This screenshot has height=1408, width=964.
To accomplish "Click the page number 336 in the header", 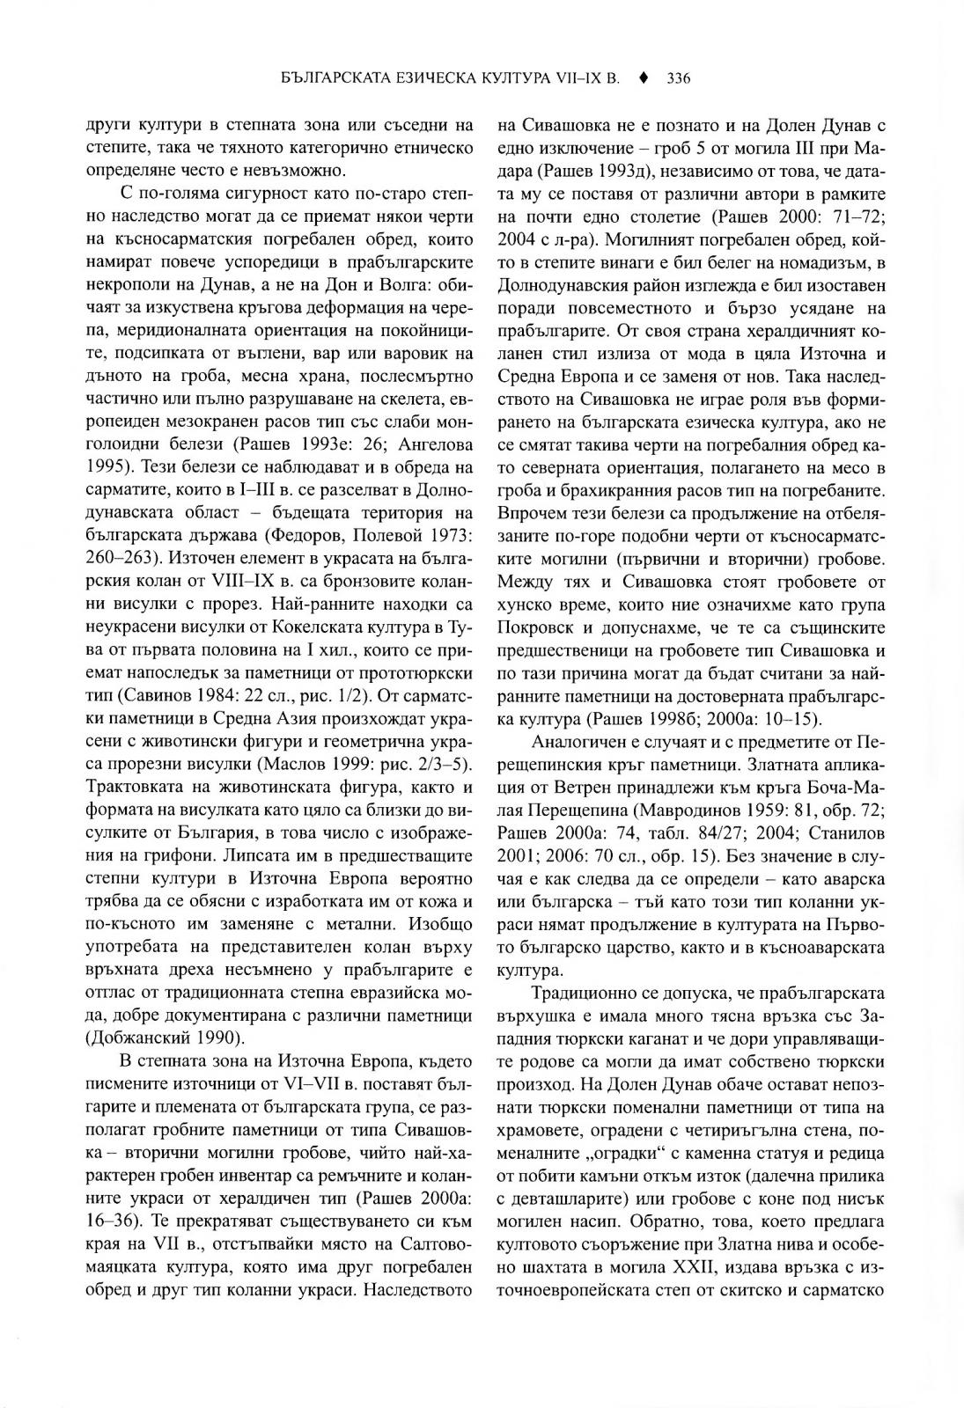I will coord(678,78).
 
